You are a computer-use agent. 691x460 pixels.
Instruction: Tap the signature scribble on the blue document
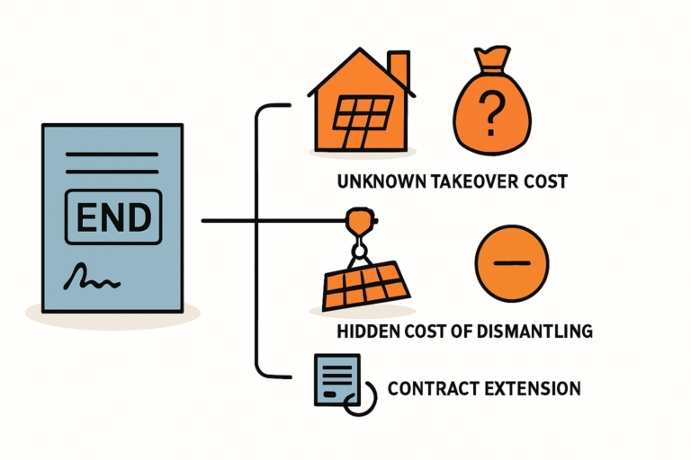tap(92, 278)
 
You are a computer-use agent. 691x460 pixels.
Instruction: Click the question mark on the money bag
tap(489, 113)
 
